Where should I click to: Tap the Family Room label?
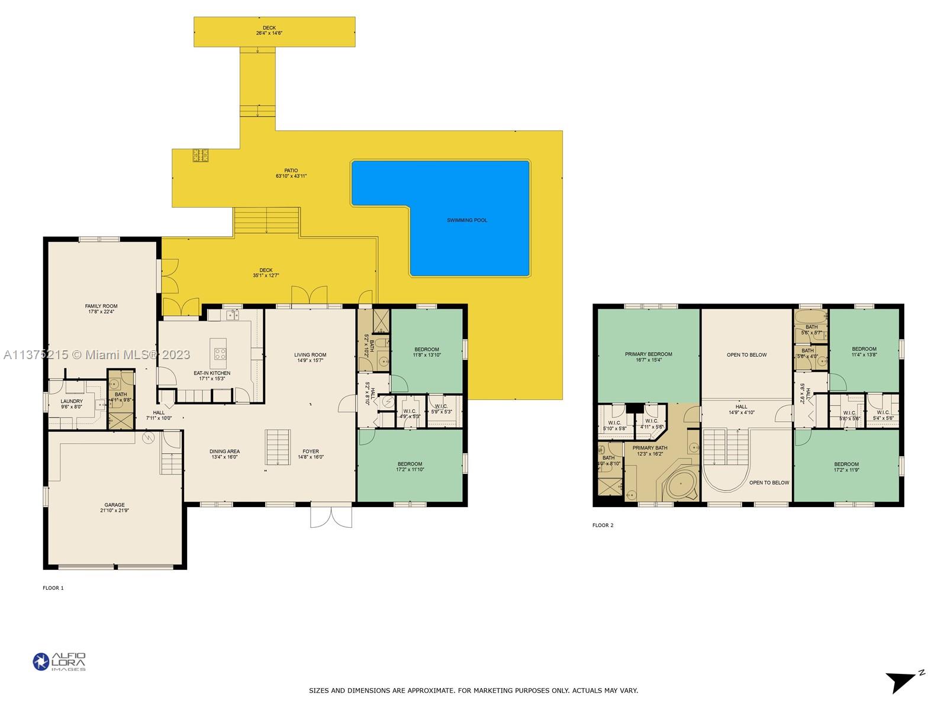pyautogui.click(x=101, y=306)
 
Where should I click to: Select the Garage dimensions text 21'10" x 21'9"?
pyautogui.click(x=114, y=510)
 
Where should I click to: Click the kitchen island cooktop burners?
pyautogui.click(x=220, y=354)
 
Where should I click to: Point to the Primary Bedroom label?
pyautogui.click(x=648, y=354)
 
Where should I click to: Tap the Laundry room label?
pyautogui.click(x=72, y=401)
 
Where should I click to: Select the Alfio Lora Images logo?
pyautogui.click(x=59, y=661)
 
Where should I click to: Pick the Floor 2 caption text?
pyautogui.click(x=603, y=525)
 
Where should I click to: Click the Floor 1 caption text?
pyautogui.click(x=53, y=588)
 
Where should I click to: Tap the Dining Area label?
pyautogui.click(x=224, y=451)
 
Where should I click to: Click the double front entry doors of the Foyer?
pyautogui.click(x=331, y=516)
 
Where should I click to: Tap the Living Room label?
pyautogui.click(x=310, y=355)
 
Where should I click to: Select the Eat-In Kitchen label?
pyautogui.click(x=212, y=373)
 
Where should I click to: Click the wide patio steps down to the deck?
pyautogui.click(x=266, y=220)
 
